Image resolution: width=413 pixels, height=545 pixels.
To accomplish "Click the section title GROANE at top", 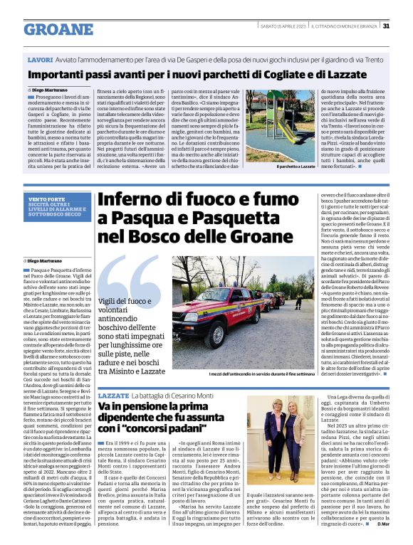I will (x=58, y=29).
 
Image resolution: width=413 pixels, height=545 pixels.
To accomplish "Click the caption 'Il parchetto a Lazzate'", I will (x=296, y=166).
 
